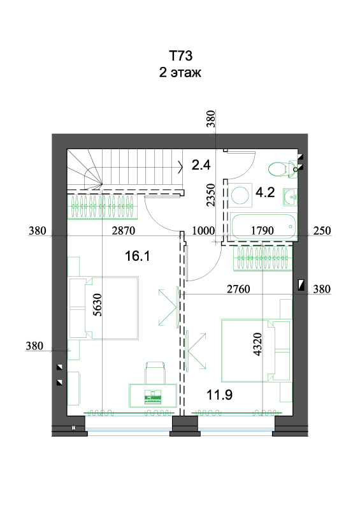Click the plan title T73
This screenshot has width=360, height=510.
point(180,56)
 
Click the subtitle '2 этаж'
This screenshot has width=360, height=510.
point(180,72)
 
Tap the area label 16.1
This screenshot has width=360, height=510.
point(137,256)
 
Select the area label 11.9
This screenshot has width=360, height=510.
point(220,395)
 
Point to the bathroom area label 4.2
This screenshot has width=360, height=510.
point(265,193)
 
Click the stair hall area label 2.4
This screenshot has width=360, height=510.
point(201,165)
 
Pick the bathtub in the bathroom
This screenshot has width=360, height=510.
point(263,227)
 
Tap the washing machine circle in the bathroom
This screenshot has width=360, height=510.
point(240,195)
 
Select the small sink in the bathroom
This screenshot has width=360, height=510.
point(290,197)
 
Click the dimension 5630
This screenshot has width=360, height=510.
point(97,305)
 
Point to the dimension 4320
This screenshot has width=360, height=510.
point(257,344)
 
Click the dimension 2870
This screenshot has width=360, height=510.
point(123,231)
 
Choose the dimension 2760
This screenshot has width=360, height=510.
point(238,289)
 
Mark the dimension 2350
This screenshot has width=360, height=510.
point(211,195)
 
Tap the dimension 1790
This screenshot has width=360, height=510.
point(263,231)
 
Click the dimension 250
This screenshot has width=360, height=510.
point(322,231)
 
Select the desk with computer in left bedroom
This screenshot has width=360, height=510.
point(153,395)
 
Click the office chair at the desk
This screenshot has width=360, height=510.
point(155,372)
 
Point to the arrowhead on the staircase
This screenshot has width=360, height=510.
point(180,167)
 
